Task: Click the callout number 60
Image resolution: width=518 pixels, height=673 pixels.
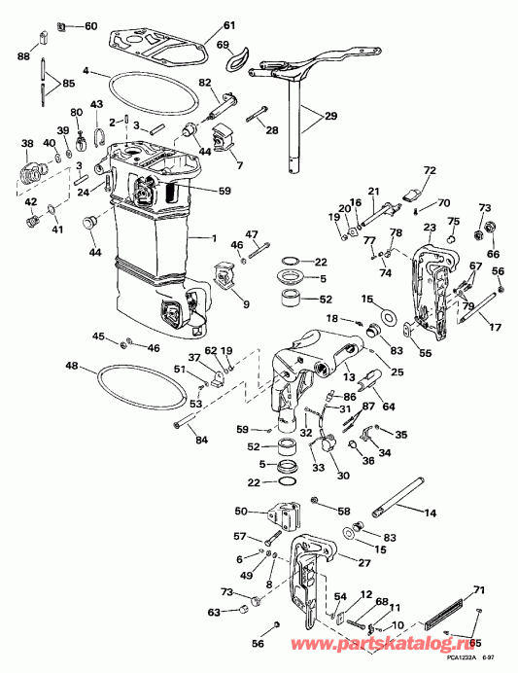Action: point(90,25)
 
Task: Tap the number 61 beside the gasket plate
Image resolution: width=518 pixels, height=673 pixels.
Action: point(229,25)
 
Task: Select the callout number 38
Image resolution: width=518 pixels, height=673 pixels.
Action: point(26,144)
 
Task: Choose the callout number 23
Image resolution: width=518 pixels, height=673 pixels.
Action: point(429,229)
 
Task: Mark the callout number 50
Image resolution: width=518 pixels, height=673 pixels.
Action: point(242,511)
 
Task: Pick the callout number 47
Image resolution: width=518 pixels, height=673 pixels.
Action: point(252,234)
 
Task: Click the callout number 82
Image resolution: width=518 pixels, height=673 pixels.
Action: point(205,83)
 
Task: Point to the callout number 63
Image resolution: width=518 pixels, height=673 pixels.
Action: point(214,613)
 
